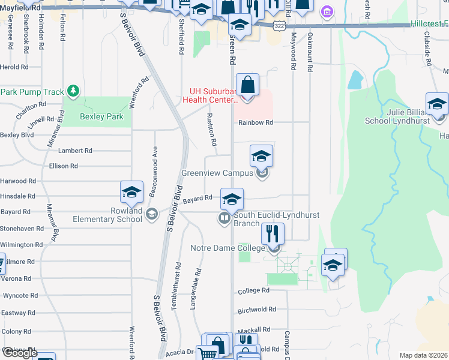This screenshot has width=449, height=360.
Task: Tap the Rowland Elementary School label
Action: tap(109, 215)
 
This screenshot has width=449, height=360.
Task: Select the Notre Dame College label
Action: tap(227, 248)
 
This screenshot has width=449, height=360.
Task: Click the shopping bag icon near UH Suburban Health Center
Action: tap(247, 85)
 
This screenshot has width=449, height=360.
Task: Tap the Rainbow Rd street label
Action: tap(255, 122)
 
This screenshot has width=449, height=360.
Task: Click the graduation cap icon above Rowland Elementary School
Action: tap(131, 192)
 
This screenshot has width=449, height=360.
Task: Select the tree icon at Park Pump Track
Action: tap(73, 91)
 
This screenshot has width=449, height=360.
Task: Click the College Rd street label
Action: tap(253, 290)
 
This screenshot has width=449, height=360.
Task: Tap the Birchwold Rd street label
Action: tap(256, 310)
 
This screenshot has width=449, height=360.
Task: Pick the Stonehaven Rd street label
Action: tap(22, 229)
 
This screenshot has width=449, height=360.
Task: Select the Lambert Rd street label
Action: tap(75, 151)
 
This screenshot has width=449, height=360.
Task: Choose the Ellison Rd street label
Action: tap(64, 166)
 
